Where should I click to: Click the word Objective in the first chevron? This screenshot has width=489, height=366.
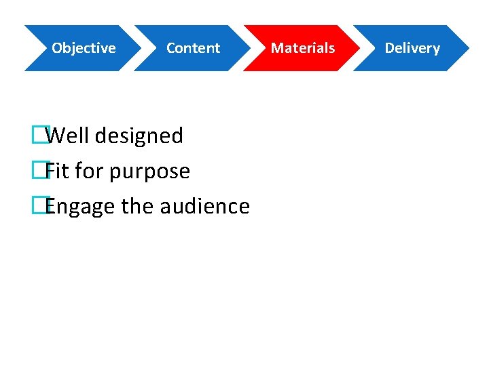tap(84, 48)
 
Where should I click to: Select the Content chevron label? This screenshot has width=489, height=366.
tap(193, 48)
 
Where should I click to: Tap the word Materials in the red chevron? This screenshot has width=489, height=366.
tap(303, 48)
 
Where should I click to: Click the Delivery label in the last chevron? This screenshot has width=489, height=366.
tap(412, 48)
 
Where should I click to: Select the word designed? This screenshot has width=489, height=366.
tap(139, 136)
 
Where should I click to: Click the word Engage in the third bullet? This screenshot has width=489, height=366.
tap(79, 207)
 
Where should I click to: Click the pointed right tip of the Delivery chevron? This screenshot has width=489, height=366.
tap(467, 48)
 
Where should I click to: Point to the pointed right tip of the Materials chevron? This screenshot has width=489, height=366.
tap(358, 48)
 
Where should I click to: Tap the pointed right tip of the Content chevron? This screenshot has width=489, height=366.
tap(249, 48)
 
